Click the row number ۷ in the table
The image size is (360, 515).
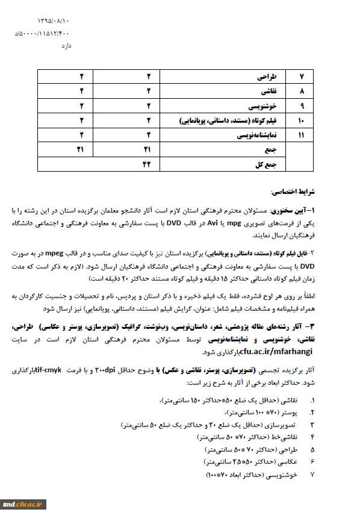(302, 78)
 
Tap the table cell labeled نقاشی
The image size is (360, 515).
(268, 92)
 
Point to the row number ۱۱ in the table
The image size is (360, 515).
(302, 136)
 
